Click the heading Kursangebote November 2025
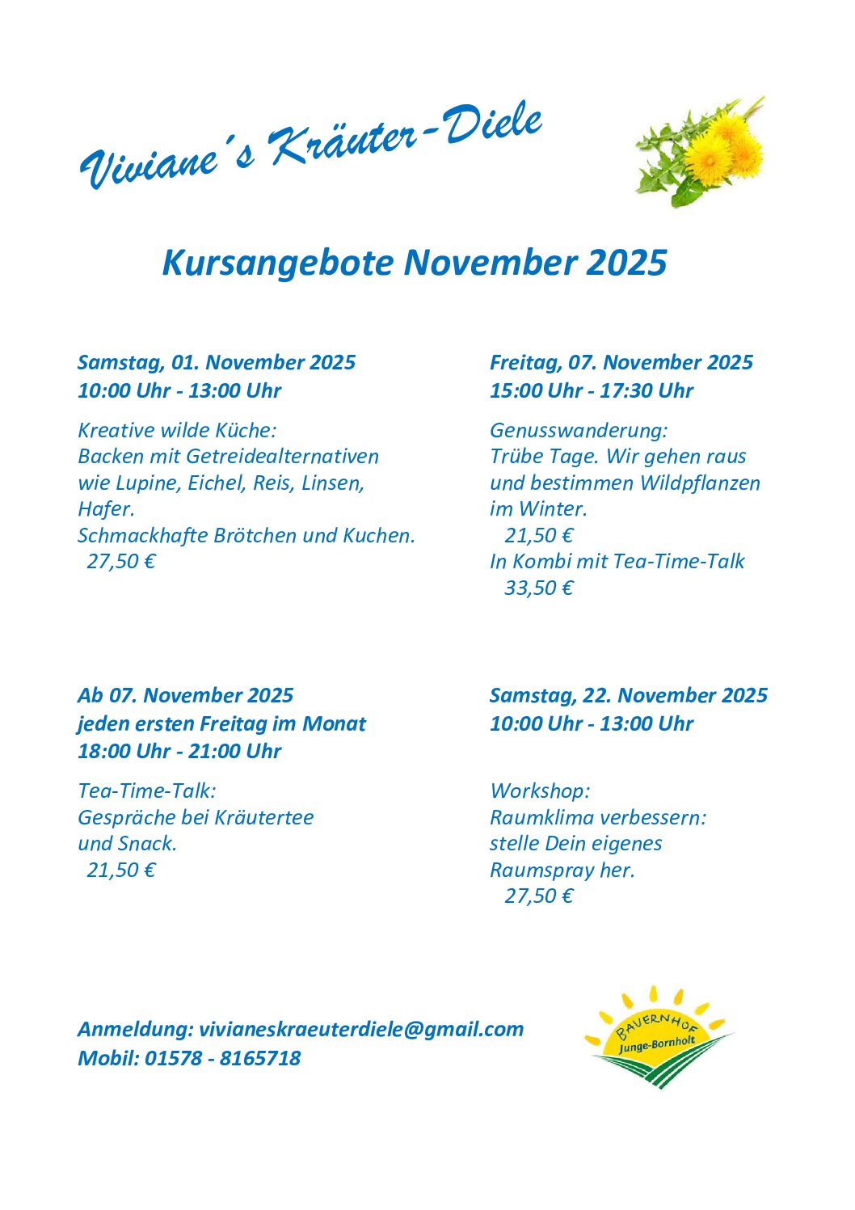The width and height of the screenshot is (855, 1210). (x=415, y=263)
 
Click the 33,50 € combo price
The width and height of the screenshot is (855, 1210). (x=538, y=588)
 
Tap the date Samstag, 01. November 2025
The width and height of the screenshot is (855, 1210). (x=216, y=362)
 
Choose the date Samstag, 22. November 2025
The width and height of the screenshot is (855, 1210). (x=628, y=695)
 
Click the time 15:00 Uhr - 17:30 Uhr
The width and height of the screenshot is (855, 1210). (x=591, y=390)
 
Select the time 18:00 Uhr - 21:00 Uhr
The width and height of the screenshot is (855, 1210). (x=179, y=751)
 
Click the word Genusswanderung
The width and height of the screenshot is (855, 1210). (x=577, y=430)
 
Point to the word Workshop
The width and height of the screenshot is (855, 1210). (x=539, y=791)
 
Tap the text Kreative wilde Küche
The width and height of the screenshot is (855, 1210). (x=176, y=430)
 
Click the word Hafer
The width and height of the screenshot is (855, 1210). (x=105, y=509)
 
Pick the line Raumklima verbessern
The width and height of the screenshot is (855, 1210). (x=597, y=817)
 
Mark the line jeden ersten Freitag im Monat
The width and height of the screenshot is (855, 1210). (x=221, y=723)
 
